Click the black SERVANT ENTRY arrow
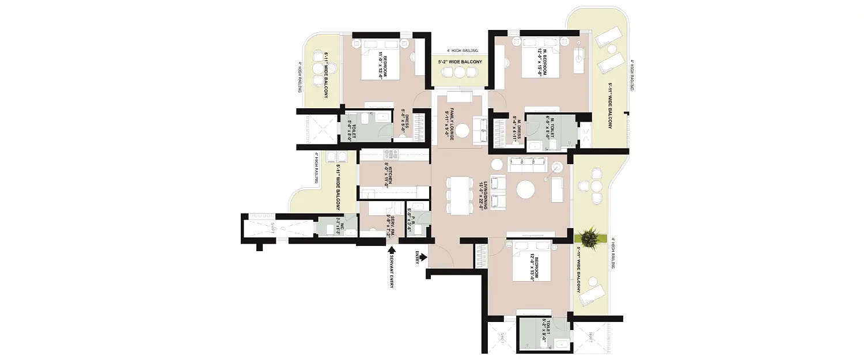[392, 250]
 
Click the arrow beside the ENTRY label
[424, 256]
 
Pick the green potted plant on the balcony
[590, 236]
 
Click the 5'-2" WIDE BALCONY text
[460, 61]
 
